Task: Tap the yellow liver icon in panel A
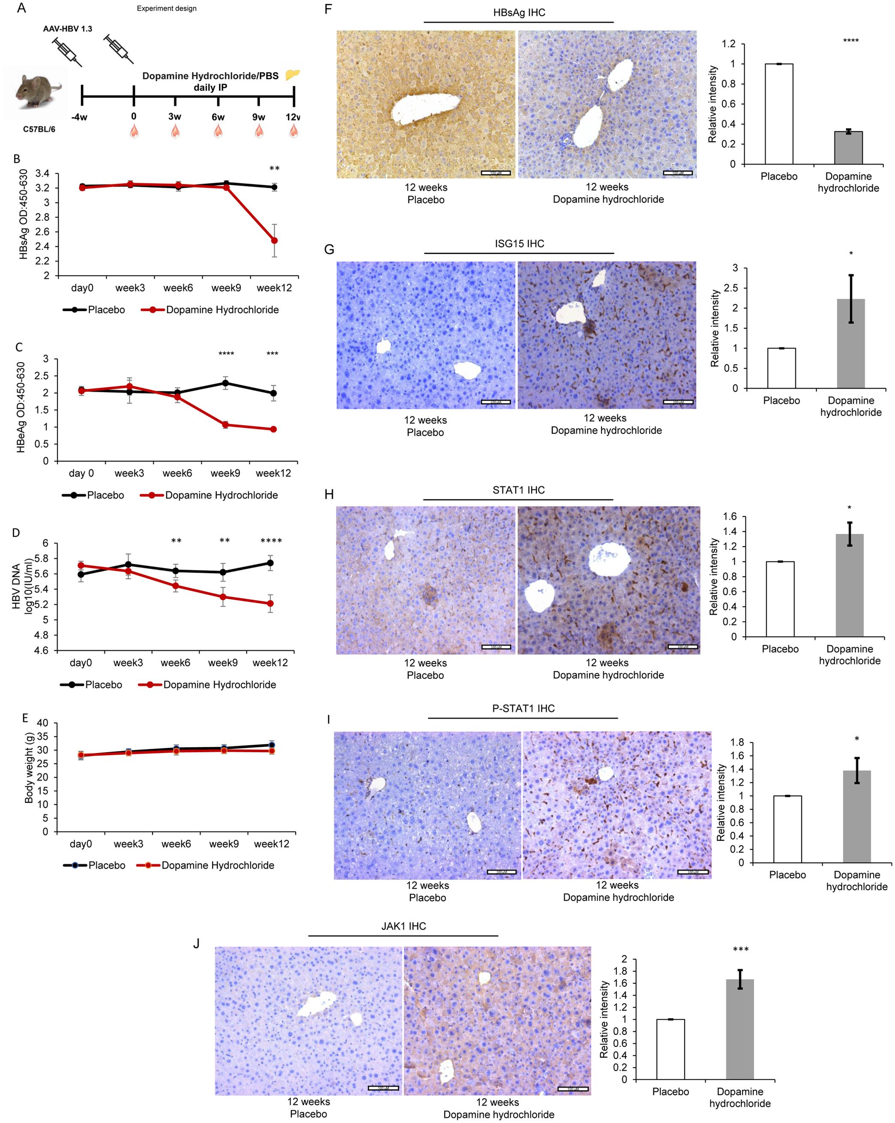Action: pyautogui.click(x=293, y=75)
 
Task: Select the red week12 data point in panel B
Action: pyautogui.click(x=274, y=240)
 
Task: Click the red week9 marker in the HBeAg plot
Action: pyautogui.click(x=225, y=424)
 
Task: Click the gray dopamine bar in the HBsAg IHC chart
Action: pyautogui.click(x=848, y=147)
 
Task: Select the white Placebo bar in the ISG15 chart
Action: pyautogui.click(x=781, y=368)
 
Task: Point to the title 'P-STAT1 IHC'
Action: pyautogui.click(x=523, y=709)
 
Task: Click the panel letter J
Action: pyautogui.click(x=196, y=943)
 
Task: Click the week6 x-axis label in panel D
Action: pyautogui.click(x=176, y=663)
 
